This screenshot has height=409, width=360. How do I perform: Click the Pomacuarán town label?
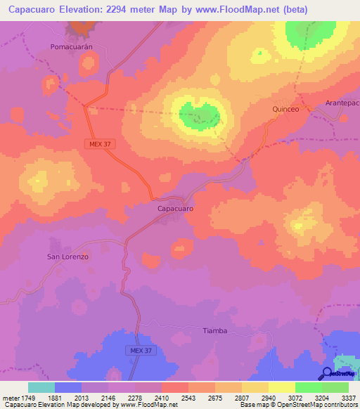[72, 46]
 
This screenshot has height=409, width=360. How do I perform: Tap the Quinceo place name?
[286, 109]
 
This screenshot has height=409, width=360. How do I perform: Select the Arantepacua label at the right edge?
[342, 103]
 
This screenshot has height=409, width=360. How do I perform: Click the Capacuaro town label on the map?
[174, 209]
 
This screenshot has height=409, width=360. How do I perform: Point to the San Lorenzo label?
[67, 257]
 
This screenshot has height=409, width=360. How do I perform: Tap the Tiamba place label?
[214, 330]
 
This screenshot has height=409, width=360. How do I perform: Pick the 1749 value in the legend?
[27, 397]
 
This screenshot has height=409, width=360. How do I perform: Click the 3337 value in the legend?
[348, 397]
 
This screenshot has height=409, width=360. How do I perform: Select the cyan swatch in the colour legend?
[41, 387]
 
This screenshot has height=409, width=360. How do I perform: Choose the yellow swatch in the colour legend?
[281, 387]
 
